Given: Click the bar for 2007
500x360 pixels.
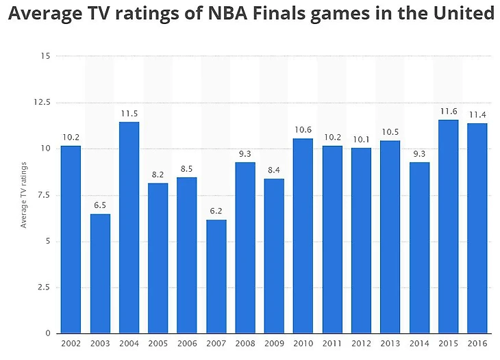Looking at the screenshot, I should [x=216, y=277].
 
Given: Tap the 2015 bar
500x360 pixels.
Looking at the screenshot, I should [x=449, y=227].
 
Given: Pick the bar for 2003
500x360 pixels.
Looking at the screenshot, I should [x=100, y=274].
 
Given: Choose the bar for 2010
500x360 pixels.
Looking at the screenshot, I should [x=303, y=235].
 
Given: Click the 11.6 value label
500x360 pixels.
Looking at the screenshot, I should [x=449, y=111].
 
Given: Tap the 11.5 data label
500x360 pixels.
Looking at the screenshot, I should [x=129, y=113].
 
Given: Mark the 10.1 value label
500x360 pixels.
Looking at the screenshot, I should [x=361, y=139].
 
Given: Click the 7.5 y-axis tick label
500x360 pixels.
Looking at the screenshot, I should [x=44, y=194].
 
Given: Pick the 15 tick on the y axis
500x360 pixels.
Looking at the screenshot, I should [x=46, y=56].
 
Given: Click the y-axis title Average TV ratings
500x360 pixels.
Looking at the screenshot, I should [x=24, y=195].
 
